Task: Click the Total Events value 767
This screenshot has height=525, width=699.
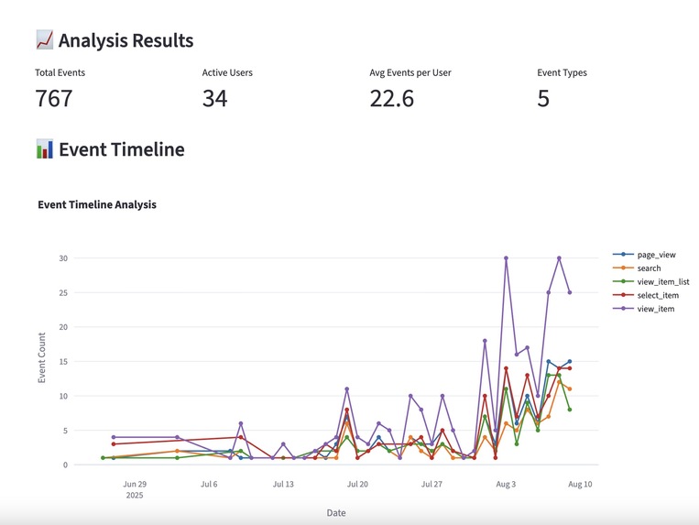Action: pos(53,98)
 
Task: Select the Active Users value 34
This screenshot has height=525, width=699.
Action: pos(214,98)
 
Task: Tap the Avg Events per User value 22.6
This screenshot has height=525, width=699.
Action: pos(391,98)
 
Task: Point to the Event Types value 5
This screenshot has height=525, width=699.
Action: pos(543,98)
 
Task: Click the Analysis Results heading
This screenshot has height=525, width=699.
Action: pos(126,40)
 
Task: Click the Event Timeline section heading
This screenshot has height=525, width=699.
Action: pos(121,149)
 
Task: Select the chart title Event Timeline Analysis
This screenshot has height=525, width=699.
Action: pos(96,204)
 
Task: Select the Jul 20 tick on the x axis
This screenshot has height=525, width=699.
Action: pos(357,483)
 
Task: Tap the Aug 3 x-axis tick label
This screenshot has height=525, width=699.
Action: pos(506,483)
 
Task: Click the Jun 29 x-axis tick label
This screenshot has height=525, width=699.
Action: pos(135,483)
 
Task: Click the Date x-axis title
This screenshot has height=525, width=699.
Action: pos(336,513)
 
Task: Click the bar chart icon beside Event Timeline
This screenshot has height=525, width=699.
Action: pos(45,149)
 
